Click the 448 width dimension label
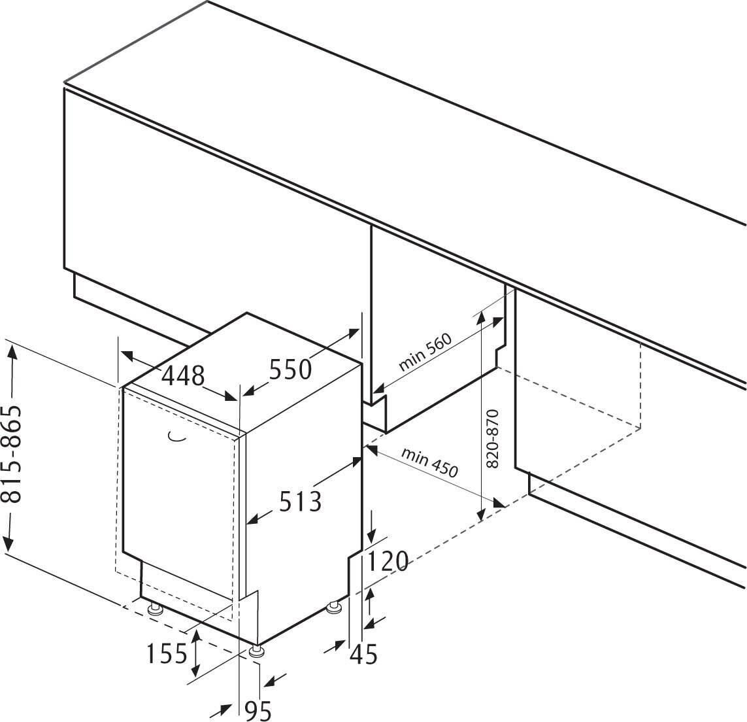(183, 375)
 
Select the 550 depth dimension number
(290, 370)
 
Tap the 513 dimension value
(301, 502)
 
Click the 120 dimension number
(388, 561)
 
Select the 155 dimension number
(165, 653)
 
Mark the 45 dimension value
(363, 654)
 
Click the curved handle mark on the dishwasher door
(176, 437)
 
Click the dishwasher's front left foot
(156, 610)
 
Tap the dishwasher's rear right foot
(335, 608)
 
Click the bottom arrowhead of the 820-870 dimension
(481, 516)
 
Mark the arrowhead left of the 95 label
(225, 709)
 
